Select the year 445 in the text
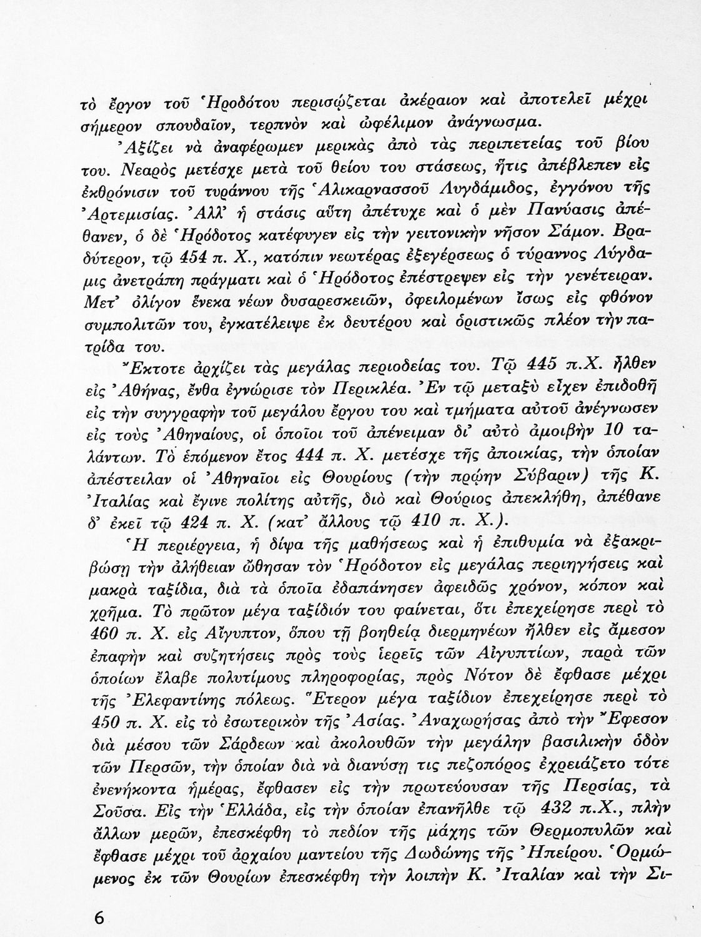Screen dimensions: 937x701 point(542,365)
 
